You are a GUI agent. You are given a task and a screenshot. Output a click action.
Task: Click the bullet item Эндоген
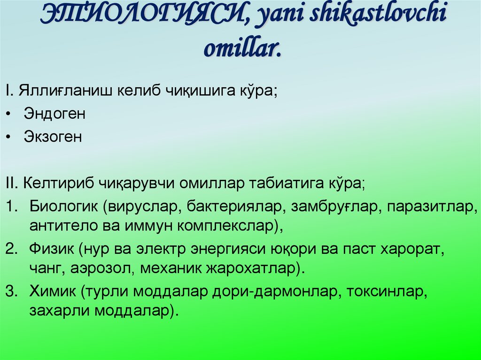click(x=54, y=114)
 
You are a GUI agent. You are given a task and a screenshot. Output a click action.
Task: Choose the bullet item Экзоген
click(x=53, y=137)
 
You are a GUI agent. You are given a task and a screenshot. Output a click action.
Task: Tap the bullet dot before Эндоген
click(x=10, y=115)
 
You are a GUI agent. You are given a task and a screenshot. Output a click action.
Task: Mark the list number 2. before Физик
click(x=11, y=249)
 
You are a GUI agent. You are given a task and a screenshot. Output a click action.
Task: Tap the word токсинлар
click(x=386, y=291)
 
